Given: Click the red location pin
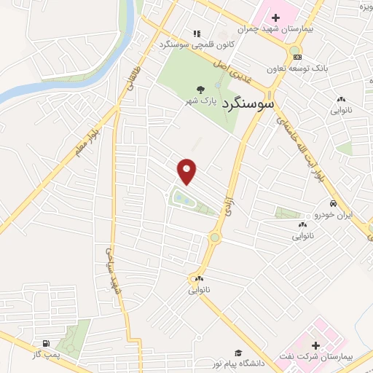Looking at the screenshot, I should (x=188, y=170).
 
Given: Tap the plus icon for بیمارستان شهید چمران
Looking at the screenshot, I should (x=276, y=17).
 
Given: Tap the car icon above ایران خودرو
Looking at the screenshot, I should (x=332, y=204).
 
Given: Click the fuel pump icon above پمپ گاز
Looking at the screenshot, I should (x=46, y=344).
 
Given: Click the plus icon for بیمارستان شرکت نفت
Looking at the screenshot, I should (x=315, y=345).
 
